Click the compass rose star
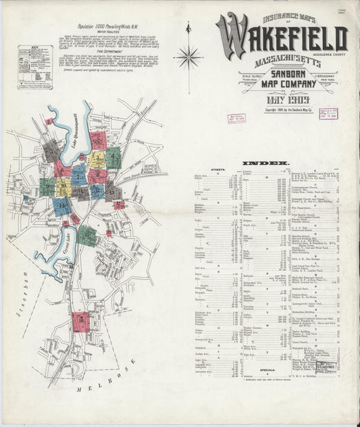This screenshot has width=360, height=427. [188, 57]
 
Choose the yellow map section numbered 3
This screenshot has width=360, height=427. [97, 159]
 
